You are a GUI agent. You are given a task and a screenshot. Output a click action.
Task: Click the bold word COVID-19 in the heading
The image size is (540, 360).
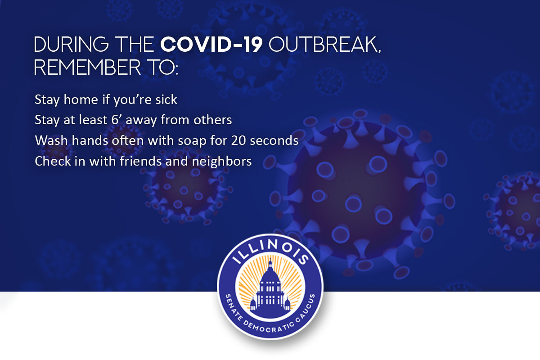(211, 45)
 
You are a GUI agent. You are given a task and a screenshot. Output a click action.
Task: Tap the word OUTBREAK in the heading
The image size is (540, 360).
(324, 45)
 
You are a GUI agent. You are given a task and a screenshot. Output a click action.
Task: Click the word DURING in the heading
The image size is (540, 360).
(72, 45)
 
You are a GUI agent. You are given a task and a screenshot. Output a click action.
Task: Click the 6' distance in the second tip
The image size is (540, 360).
(117, 120)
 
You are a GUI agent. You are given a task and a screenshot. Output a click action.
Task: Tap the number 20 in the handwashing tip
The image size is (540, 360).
(238, 140)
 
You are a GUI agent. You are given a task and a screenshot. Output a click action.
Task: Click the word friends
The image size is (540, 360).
(140, 161)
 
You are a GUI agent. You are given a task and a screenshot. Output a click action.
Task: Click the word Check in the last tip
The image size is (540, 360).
(53, 161)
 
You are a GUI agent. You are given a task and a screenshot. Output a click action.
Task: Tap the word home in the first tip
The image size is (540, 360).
(81, 99)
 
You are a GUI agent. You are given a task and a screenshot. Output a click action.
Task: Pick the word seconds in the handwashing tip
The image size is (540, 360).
(274, 140)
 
